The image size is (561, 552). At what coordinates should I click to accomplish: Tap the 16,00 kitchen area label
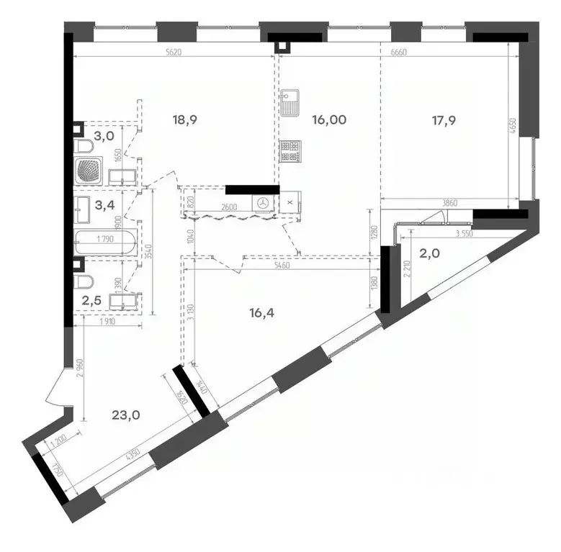tap(329, 120)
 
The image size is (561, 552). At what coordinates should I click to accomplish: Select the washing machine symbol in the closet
tap(264, 204)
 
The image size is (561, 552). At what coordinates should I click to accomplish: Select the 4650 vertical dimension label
tap(513, 128)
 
